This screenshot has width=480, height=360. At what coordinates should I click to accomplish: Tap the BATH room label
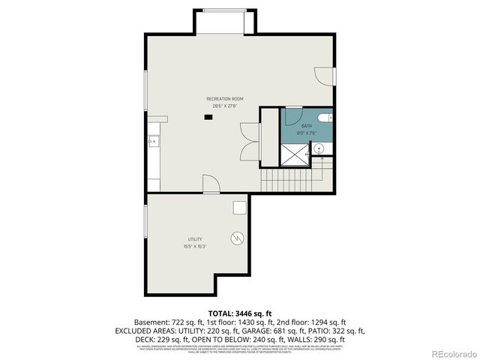point(307,126)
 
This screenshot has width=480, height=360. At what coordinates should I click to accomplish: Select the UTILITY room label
point(194,239)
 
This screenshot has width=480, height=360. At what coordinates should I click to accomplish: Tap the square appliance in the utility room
point(240,208)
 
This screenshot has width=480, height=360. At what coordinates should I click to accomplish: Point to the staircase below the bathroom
point(289,180)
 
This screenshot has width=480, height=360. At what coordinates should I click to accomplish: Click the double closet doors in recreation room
point(250,139)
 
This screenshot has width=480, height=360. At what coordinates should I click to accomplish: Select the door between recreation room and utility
point(211,183)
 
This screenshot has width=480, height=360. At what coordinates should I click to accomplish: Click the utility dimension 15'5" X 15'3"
point(194,246)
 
